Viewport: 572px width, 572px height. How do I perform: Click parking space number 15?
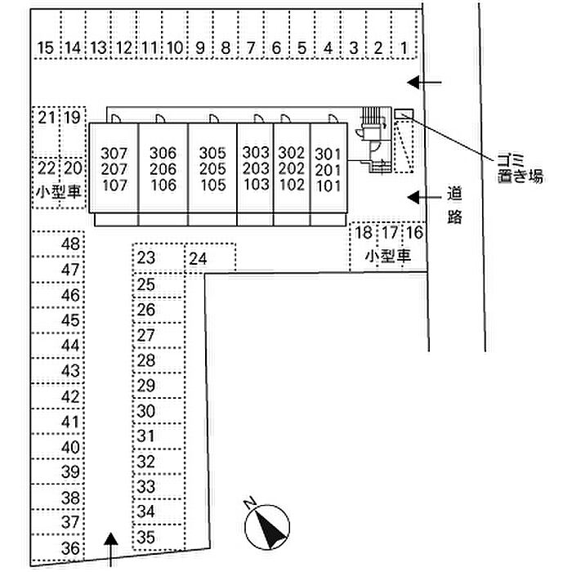coord(46,48)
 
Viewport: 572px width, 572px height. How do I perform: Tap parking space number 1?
coord(404,48)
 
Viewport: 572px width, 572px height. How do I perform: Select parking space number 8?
coord(226,48)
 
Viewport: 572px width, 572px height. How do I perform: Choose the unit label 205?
coord(212,168)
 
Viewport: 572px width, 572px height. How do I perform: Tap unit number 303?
coord(256,153)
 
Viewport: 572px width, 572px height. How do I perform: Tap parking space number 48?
coord(72,244)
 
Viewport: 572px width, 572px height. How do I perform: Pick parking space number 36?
coord(72,548)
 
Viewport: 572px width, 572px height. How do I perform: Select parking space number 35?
coord(146,538)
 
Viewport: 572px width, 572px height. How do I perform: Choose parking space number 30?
coord(146,411)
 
